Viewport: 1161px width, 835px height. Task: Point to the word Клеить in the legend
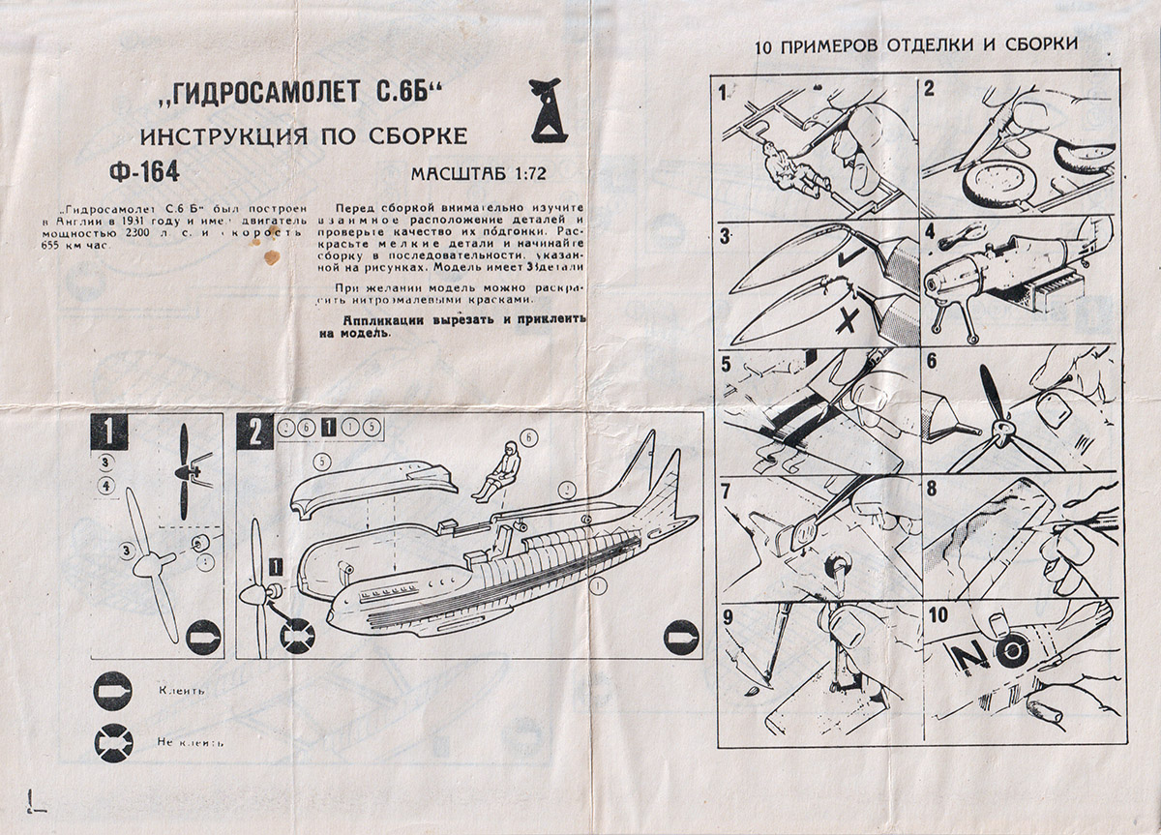click(x=177, y=691)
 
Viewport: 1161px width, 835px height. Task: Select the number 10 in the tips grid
click(x=938, y=615)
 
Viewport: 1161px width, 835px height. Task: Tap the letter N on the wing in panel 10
click(x=967, y=657)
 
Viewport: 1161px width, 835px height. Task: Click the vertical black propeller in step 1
click(x=185, y=471)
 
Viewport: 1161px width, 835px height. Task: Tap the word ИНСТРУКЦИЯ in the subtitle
click(x=222, y=136)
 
